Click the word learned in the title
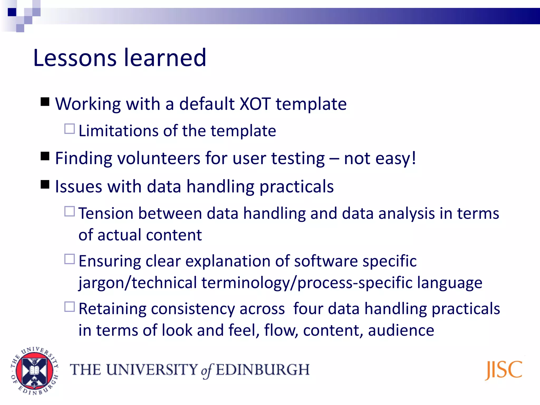click(165, 58)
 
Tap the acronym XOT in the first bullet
click(255, 104)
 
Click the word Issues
click(78, 186)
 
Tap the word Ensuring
click(110, 261)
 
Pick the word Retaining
click(112, 309)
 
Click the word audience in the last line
click(401, 330)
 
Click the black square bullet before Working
click(45, 102)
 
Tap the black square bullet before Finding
click(45, 156)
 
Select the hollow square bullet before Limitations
click(70, 129)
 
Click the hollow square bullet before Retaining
click(70, 307)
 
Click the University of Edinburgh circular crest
click(34, 370)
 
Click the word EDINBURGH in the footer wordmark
click(263, 370)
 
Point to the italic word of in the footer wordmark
click(207, 370)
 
